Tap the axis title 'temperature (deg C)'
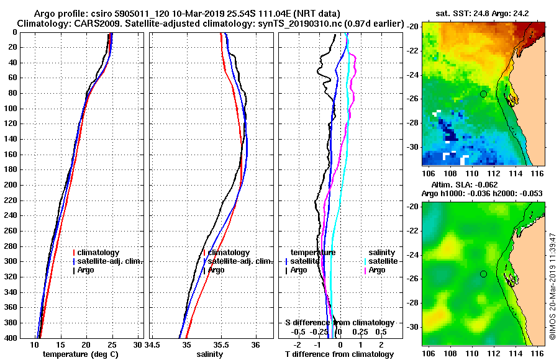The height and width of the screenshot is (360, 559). (81, 354)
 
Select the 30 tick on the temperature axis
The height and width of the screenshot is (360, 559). (137, 344)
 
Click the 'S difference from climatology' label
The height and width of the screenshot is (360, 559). (340, 323)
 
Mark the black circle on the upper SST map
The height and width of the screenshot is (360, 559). (483, 94)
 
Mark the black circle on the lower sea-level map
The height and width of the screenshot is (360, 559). (483, 274)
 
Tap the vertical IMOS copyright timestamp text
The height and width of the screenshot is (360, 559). (553, 286)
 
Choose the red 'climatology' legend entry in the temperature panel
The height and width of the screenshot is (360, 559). (99, 253)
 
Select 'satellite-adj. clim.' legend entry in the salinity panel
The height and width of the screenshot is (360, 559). (237, 261)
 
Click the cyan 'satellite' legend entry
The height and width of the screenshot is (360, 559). (378, 261)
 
